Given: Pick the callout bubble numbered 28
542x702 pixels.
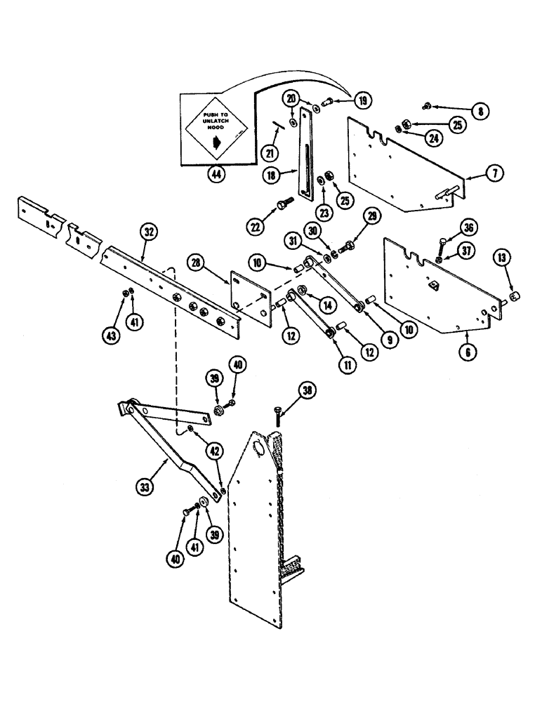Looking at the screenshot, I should click(x=197, y=262).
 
